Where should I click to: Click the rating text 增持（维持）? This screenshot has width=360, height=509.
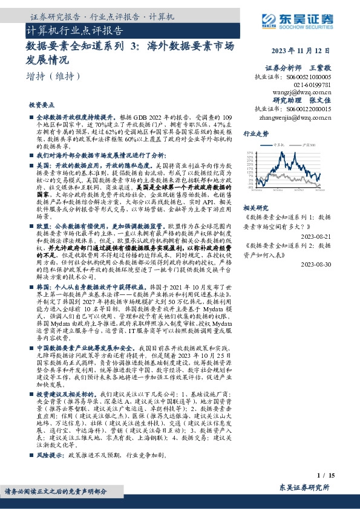tap(53, 76)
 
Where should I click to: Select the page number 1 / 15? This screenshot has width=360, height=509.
tap(322, 477)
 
